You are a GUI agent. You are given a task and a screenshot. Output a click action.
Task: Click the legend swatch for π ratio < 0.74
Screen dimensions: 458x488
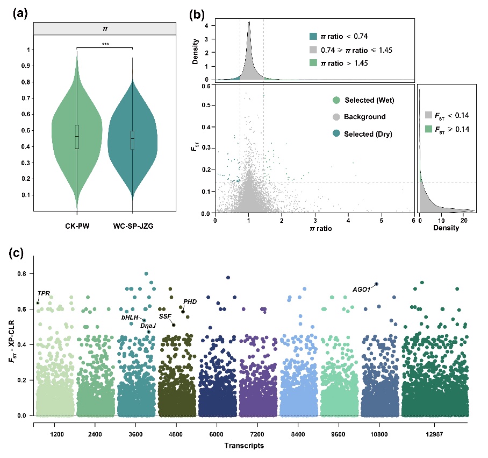[313, 37]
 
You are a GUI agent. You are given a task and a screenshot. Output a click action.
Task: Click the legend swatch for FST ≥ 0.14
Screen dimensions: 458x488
[429, 128]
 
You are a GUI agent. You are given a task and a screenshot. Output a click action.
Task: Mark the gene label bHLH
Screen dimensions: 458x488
[130, 317]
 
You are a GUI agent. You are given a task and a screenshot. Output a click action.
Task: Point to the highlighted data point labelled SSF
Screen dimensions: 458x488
[174, 325]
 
